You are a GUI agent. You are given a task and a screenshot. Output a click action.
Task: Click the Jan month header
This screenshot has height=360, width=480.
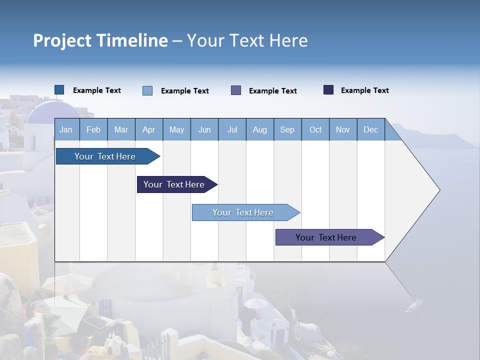pos(66,129)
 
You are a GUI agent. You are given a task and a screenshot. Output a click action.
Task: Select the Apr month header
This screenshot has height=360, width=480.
pos(148,129)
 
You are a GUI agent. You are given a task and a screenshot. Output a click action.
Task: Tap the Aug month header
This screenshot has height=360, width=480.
pos(259,129)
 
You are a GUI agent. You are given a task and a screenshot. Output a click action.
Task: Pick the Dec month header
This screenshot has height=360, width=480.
pos(370,129)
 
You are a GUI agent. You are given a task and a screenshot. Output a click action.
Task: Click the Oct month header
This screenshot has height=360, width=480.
pos(315,129)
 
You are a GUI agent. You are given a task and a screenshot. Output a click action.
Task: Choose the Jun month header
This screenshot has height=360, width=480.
pos(204,129)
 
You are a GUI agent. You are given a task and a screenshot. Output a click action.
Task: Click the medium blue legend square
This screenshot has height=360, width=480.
pos(59,90)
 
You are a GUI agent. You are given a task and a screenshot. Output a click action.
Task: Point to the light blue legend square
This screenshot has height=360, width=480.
pos(147,90)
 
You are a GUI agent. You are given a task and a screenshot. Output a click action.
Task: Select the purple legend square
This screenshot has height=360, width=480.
pos(236,90)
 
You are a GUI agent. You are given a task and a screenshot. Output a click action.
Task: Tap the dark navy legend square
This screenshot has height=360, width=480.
pos(328,90)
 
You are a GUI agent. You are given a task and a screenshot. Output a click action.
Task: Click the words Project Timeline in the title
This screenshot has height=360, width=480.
pos(100,40)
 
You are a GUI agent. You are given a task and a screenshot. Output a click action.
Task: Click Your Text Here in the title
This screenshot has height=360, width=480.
pos(247,40)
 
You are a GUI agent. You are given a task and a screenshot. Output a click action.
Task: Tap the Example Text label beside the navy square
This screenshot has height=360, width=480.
pos(364,90)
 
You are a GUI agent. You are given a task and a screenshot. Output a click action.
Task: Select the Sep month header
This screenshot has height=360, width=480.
pos(287,129)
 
